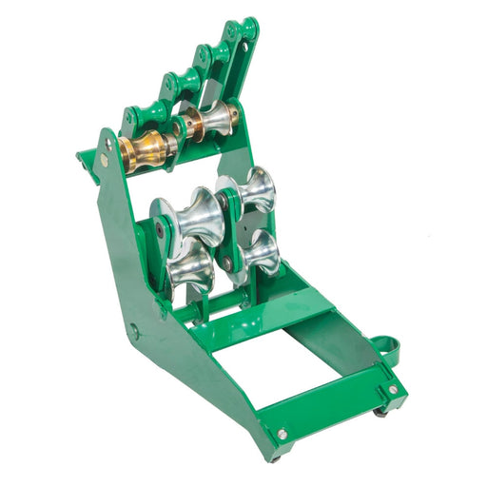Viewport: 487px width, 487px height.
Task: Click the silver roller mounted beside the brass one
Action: tap(217, 118)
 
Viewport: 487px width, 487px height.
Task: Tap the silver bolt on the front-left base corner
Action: tap(282, 434)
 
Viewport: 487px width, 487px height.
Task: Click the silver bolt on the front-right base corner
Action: tap(391, 389)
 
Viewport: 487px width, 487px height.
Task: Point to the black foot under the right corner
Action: tap(380, 411)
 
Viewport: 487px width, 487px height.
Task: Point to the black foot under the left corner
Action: tap(276, 455)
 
